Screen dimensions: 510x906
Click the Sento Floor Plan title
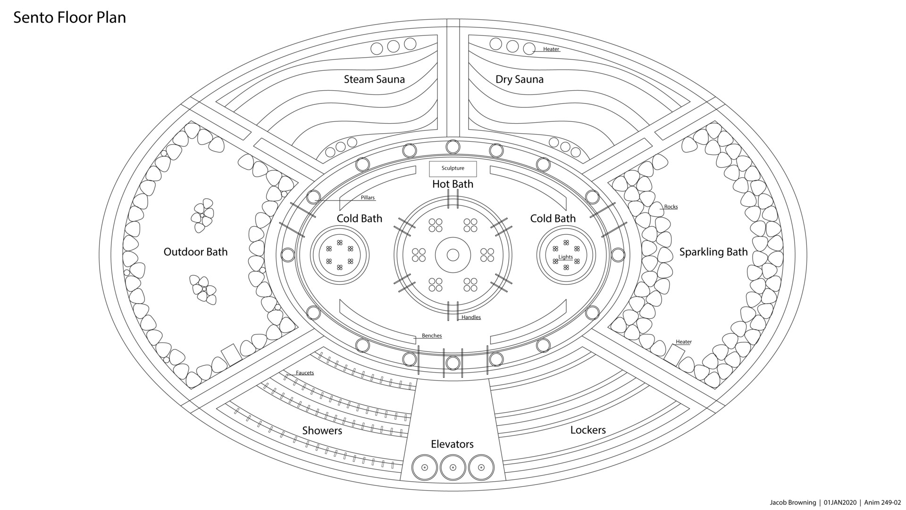click(x=70, y=17)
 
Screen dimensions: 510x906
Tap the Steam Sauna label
click(x=374, y=79)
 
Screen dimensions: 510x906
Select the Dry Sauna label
click(x=519, y=79)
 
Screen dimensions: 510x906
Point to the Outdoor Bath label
click(x=195, y=252)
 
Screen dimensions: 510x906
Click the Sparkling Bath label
click(x=713, y=252)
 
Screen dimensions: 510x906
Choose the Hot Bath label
click(x=453, y=184)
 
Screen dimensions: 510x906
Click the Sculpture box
click(x=453, y=169)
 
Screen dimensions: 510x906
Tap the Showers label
click(x=322, y=430)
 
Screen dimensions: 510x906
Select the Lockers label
click(x=588, y=430)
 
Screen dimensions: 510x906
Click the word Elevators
click(x=452, y=444)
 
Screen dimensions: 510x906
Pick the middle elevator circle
click(x=453, y=467)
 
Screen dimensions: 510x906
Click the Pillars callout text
click(x=368, y=197)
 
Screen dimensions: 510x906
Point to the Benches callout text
click(x=432, y=336)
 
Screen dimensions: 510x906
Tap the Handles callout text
click(x=471, y=317)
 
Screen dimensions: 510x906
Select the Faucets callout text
click(x=305, y=373)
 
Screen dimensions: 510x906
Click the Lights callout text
click(x=565, y=257)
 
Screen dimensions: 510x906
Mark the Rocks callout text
click(x=671, y=207)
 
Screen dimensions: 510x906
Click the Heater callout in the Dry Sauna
click(x=551, y=49)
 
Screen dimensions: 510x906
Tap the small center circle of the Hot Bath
click(x=453, y=255)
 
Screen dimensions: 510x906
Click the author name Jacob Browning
click(x=793, y=502)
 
